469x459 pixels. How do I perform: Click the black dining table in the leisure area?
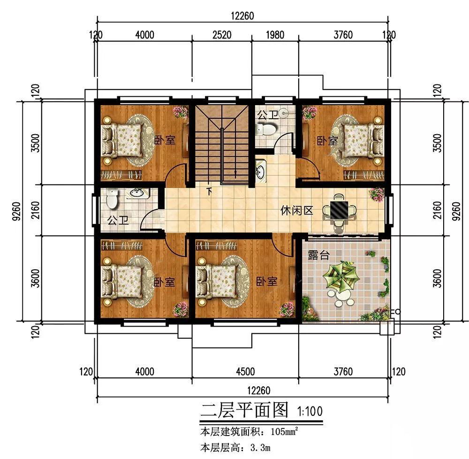pos(339,209)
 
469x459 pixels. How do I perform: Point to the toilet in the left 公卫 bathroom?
pos(111,199)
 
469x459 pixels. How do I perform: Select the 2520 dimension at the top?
pos(222,35)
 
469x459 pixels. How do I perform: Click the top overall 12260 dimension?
pos(242,15)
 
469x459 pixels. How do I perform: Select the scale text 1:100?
pos(310,412)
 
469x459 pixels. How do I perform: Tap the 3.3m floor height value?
pos(256,448)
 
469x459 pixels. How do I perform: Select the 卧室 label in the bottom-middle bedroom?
pos(266,281)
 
